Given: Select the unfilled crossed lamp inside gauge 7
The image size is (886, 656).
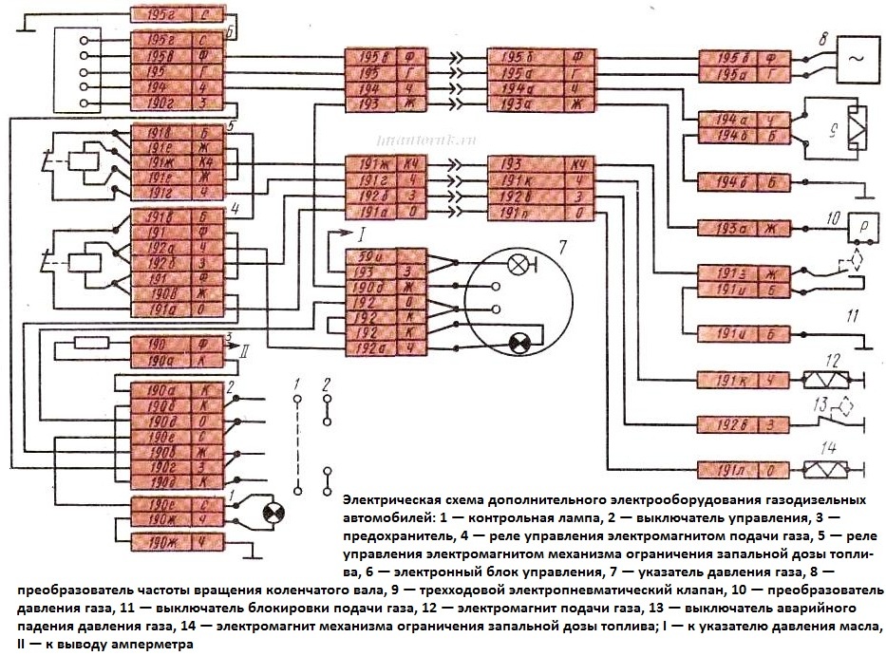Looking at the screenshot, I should pos(518,266).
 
